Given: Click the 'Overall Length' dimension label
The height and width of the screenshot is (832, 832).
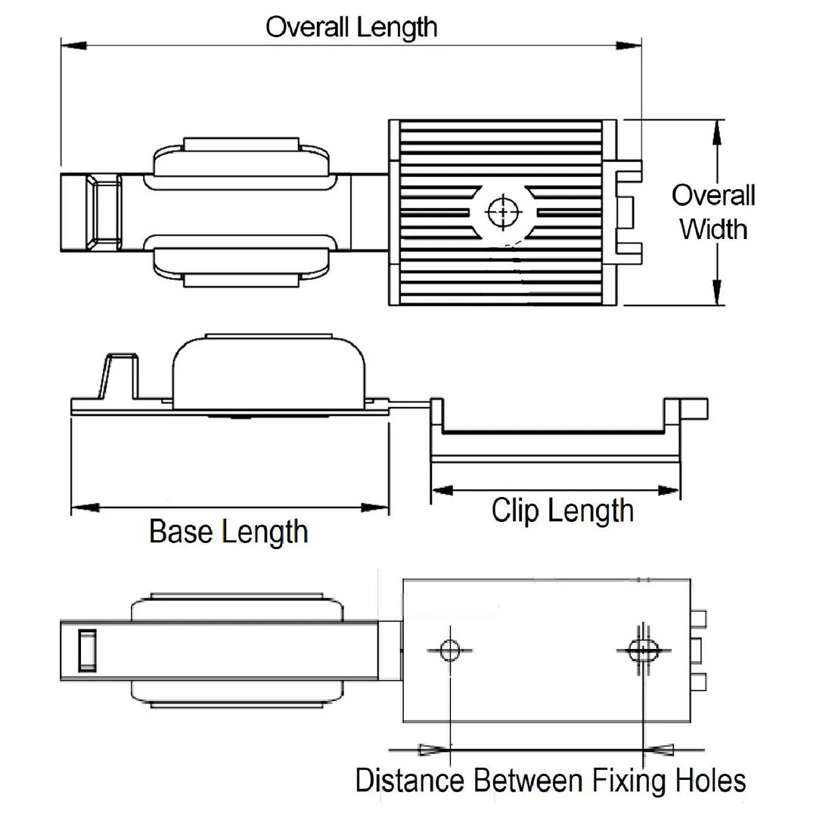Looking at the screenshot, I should coord(351,27).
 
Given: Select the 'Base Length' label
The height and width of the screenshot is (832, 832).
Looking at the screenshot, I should coord(228,531).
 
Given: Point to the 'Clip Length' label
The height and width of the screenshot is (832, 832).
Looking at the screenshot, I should coord(562,510).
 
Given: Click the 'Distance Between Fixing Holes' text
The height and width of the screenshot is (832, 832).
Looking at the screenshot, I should coord(551,780).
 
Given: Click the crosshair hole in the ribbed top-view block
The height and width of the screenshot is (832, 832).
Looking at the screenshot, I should coord(500,211).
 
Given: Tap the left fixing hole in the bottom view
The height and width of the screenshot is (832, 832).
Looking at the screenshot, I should coord(450,649).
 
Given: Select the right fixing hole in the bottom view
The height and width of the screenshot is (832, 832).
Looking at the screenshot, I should coord(643,648).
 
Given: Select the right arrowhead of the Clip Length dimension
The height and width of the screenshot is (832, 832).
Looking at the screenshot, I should coord(668,490).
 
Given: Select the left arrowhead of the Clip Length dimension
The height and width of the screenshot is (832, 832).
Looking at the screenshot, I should coord(443,490).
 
